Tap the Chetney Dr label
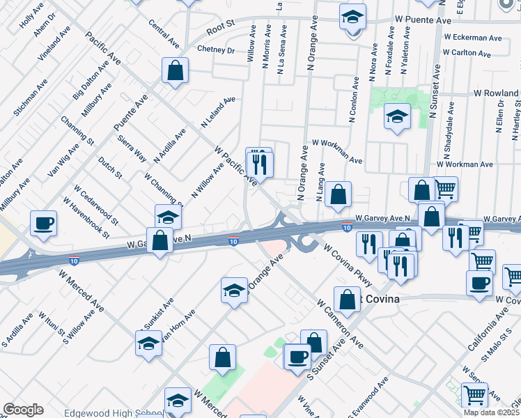tap(216, 49)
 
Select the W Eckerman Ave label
tap(473, 37)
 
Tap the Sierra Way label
tap(132, 148)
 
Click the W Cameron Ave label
tap(340, 324)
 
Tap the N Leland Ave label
tap(218, 112)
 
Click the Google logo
tap(23, 410)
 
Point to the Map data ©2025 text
tap(492, 412)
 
